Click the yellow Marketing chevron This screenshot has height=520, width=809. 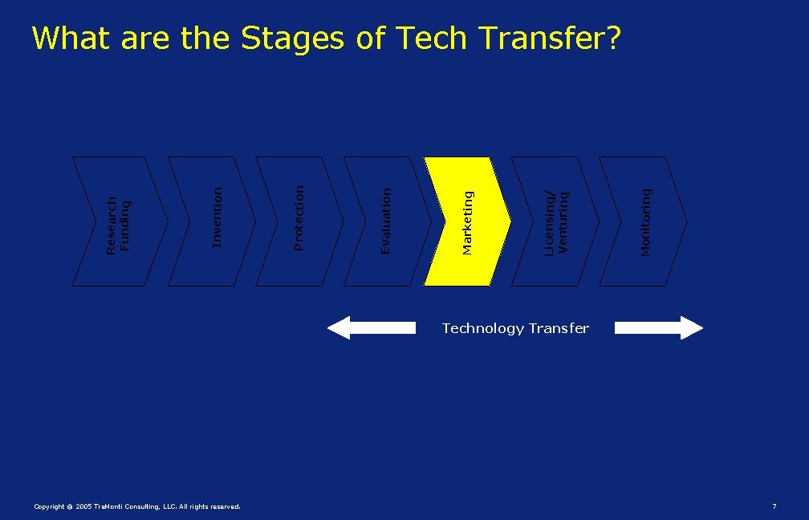point(467,221)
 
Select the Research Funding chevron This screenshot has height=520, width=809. point(120,221)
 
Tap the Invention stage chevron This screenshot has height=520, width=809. point(212,221)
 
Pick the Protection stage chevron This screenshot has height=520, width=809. point(299,221)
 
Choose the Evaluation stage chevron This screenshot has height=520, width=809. point(387,221)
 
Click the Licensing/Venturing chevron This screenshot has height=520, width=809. point(555,221)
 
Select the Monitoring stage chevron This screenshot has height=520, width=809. point(643,221)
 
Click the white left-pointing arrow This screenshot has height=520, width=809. point(372,327)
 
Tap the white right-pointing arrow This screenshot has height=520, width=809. point(659,327)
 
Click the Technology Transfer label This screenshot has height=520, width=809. point(515,328)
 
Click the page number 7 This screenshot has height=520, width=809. point(774,506)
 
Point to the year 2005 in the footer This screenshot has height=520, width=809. point(83,506)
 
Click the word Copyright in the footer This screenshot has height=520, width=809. point(49,506)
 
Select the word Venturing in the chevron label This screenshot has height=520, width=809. point(563,223)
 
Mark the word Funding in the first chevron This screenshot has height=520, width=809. point(124,226)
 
